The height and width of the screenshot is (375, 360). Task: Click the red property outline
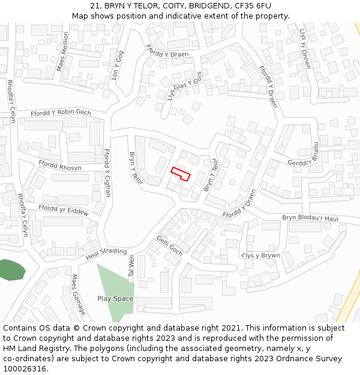181,173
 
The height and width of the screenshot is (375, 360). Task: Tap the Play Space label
115,298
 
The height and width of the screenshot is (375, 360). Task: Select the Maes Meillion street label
63,52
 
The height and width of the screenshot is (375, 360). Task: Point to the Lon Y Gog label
117,65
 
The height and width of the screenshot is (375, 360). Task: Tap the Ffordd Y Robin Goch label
61,112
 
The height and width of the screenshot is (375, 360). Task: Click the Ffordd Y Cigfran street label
107,173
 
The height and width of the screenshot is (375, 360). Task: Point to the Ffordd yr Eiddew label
63,210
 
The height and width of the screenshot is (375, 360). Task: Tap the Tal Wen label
130,266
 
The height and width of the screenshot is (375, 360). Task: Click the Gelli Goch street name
169,245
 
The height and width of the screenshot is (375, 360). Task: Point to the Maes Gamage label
79,295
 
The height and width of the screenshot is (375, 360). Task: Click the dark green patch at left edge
11,270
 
